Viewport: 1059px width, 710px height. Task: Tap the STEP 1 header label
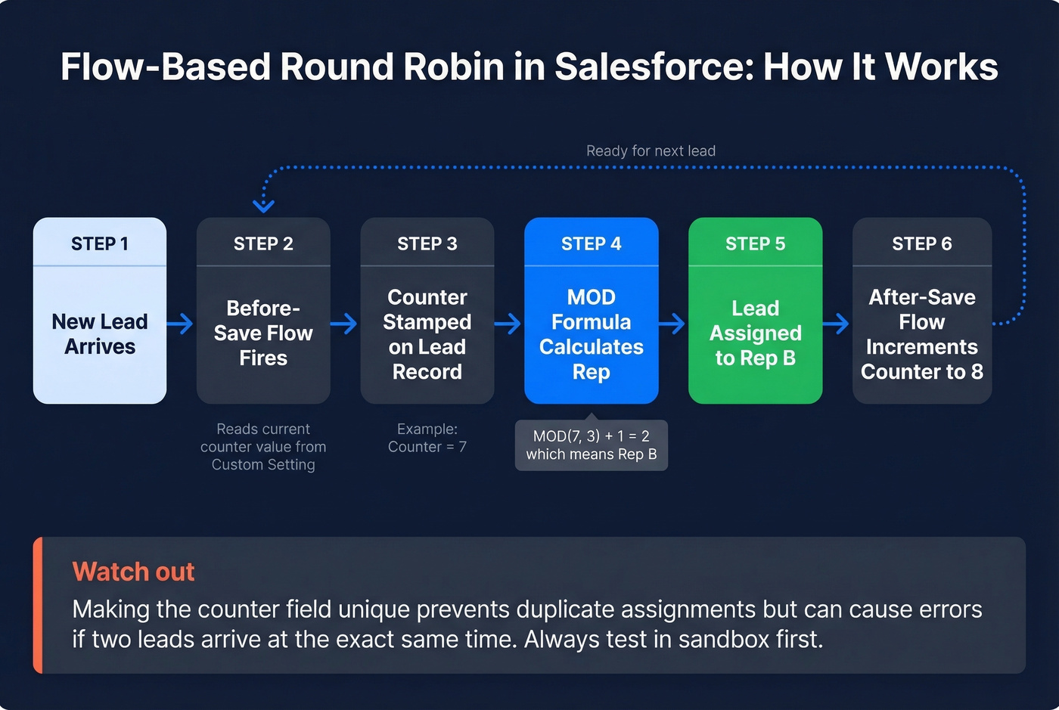[x=100, y=243]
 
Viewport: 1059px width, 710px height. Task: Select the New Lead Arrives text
[x=100, y=333]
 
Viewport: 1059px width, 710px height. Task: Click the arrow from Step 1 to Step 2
[x=181, y=324]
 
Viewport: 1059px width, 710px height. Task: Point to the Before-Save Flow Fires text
[x=263, y=333]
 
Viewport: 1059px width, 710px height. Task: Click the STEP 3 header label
[x=427, y=243]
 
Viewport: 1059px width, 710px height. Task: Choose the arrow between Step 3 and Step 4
[x=508, y=324]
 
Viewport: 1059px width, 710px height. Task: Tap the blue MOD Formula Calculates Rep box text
[x=591, y=333]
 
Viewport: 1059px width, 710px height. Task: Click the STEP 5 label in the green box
[x=755, y=243]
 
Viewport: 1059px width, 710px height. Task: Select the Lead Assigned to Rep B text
[x=755, y=333]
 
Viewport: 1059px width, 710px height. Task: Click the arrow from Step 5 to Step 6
[x=837, y=324]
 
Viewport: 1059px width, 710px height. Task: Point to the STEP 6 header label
[x=921, y=243]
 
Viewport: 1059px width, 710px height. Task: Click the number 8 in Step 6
[x=977, y=372]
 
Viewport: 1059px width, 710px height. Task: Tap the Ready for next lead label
[x=651, y=151]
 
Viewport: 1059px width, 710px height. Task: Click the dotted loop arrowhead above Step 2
[x=263, y=205]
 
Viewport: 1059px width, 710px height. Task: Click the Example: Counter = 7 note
[x=427, y=438]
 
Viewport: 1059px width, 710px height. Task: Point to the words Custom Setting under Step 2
[x=263, y=465]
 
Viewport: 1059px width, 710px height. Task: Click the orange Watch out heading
[x=133, y=572]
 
